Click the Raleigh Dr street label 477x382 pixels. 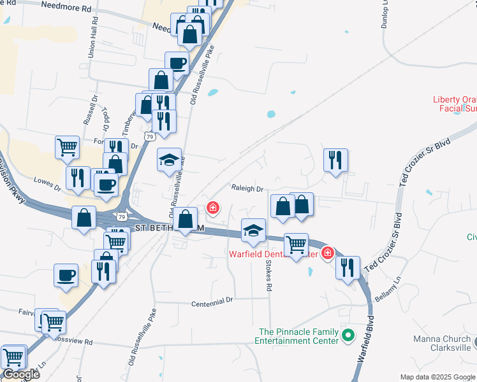tap(247, 189)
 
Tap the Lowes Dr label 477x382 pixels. tap(47, 188)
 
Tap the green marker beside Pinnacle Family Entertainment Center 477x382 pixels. tap(348, 334)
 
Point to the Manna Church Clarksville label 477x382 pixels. tap(442, 343)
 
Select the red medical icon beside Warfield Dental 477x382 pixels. tap(328, 253)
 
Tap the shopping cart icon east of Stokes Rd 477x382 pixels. tap(296, 244)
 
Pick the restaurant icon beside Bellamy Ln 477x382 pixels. tap(348, 267)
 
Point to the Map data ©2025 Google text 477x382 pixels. tap(437, 377)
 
